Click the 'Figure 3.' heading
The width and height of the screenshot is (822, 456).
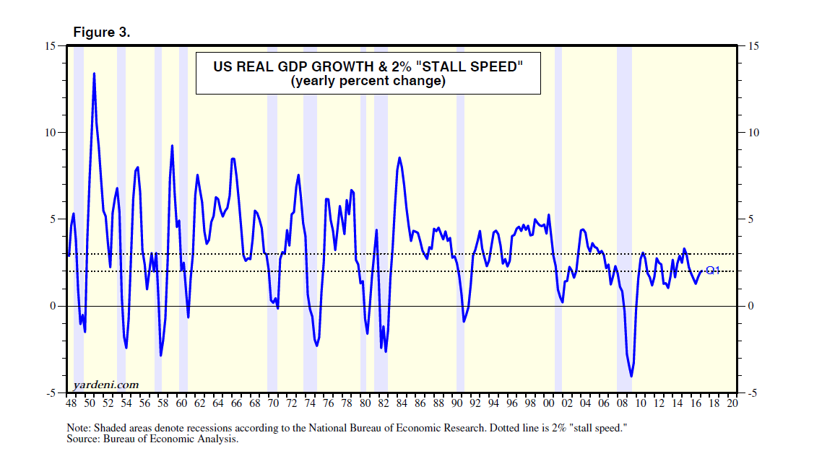pyautogui.click(x=101, y=32)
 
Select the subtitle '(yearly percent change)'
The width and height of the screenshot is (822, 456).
pyautogui.click(x=368, y=82)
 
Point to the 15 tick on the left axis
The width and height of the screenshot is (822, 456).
pyautogui.click(x=51, y=46)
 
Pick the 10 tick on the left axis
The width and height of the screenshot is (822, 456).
pyautogui.click(x=51, y=133)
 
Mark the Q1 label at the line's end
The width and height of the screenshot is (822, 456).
pyautogui.click(x=713, y=271)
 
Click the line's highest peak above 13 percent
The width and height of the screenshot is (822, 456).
pyautogui.click(x=94, y=74)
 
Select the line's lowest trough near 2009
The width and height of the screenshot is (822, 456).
pyautogui.click(x=631, y=376)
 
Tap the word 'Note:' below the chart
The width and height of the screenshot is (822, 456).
pyautogui.click(x=81, y=427)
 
